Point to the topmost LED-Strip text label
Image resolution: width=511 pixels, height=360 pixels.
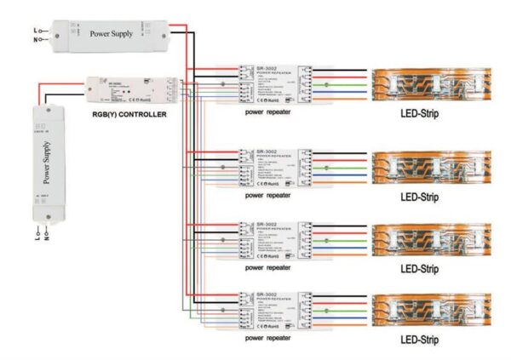tap(419, 113)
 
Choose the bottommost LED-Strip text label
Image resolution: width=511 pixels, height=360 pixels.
tap(419, 340)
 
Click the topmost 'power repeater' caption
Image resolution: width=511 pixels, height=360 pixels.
tap(269, 112)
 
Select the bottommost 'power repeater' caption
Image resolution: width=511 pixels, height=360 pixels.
tap(269, 339)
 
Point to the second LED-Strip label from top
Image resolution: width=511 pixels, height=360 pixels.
tap(419, 197)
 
